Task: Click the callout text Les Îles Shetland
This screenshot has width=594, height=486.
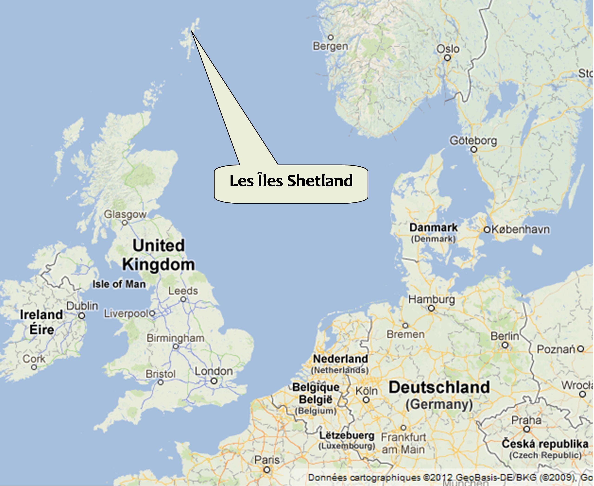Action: click(291, 181)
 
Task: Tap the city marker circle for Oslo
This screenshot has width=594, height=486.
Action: click(447, 58)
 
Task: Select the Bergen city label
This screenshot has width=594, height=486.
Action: click(330, 46)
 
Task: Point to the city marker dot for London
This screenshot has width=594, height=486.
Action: click(214, 381)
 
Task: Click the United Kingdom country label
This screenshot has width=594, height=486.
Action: click(158, 255)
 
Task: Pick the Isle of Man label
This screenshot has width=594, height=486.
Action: click(119, 284)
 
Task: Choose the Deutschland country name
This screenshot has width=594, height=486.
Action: click(439, 387)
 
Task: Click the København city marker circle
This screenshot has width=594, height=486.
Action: click(487, 230)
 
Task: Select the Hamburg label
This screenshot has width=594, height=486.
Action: click(431, 299)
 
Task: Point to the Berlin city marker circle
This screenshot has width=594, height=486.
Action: click(505, 345)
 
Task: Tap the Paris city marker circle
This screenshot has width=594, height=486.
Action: click(267, 470)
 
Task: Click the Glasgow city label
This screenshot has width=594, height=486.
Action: click(125, 215)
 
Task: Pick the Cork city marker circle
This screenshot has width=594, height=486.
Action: click(34, 367)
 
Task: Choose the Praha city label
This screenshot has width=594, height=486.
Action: click(526, 420)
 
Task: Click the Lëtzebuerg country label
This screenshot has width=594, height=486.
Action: click(347, 436)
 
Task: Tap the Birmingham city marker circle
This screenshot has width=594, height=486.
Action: click(175, 347)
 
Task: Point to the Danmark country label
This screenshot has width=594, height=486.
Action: click(433, 228)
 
